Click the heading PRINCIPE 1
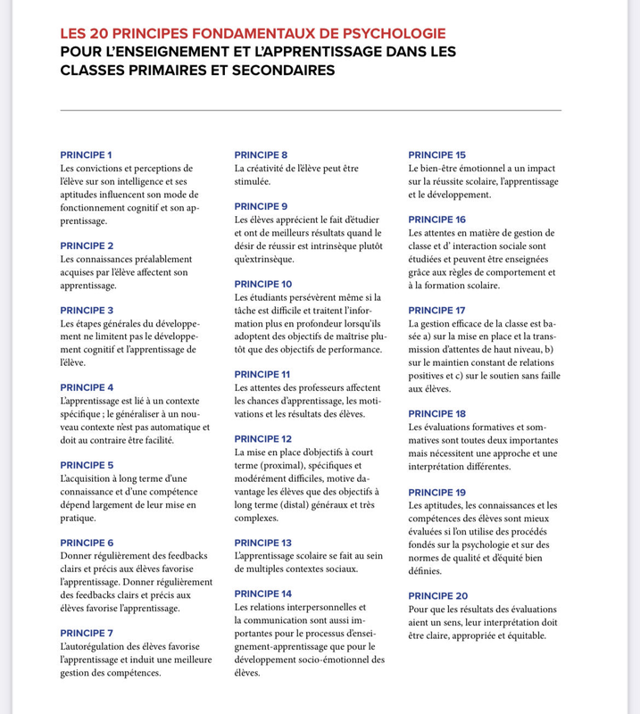86,154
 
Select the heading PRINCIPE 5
86,465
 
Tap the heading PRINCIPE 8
260,154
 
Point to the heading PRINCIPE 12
262,439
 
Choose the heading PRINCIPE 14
262,594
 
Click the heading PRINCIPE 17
436,310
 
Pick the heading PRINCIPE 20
437,595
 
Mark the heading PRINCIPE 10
262,284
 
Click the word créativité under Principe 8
272,168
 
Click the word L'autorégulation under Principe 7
98,646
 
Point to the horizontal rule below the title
311,110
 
